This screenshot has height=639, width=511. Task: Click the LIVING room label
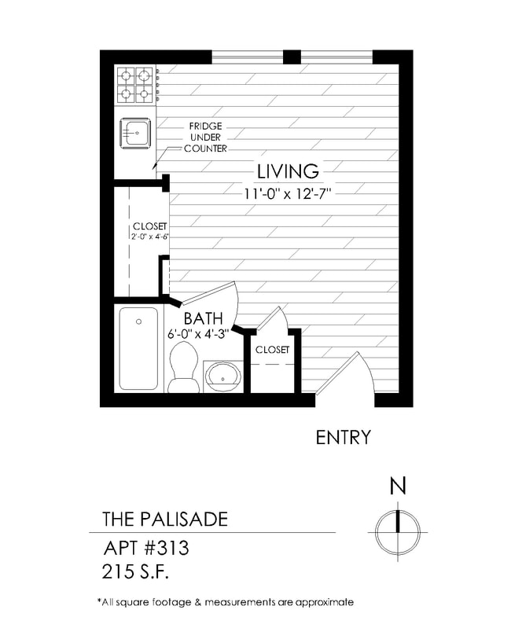pyautogui.click(x=288, y=171)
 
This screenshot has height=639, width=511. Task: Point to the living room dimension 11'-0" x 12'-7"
pyautogui.click(x=288, y=193)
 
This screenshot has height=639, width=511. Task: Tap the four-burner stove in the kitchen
pyautogui.click(x=134, y=85)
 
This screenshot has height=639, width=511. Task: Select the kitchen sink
pyautogui.click(x=134, y=133)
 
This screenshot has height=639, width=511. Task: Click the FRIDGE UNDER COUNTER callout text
pyautogui.click(x=205, y=137)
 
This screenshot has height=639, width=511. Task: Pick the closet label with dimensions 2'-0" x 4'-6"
pyautogui.click(x=150, y=231)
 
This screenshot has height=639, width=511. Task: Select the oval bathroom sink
pyautogui.click(x=224, y=376)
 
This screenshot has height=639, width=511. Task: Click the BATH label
pyautogui.click(x=204, y=318)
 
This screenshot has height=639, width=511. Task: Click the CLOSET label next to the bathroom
pyautogui.click(x=272, y=349)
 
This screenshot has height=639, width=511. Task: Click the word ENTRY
pyautogui.click(x=343, y=438)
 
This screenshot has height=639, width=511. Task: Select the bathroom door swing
pyautogui.click(x=209, y=298)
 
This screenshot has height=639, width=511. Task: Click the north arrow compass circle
pyautogui.click(x=399, y=532)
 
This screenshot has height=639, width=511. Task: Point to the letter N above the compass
pyautogui.click(x=399, y=487)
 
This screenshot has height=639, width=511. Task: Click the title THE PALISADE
pyautogui.click(x=165, y=520)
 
